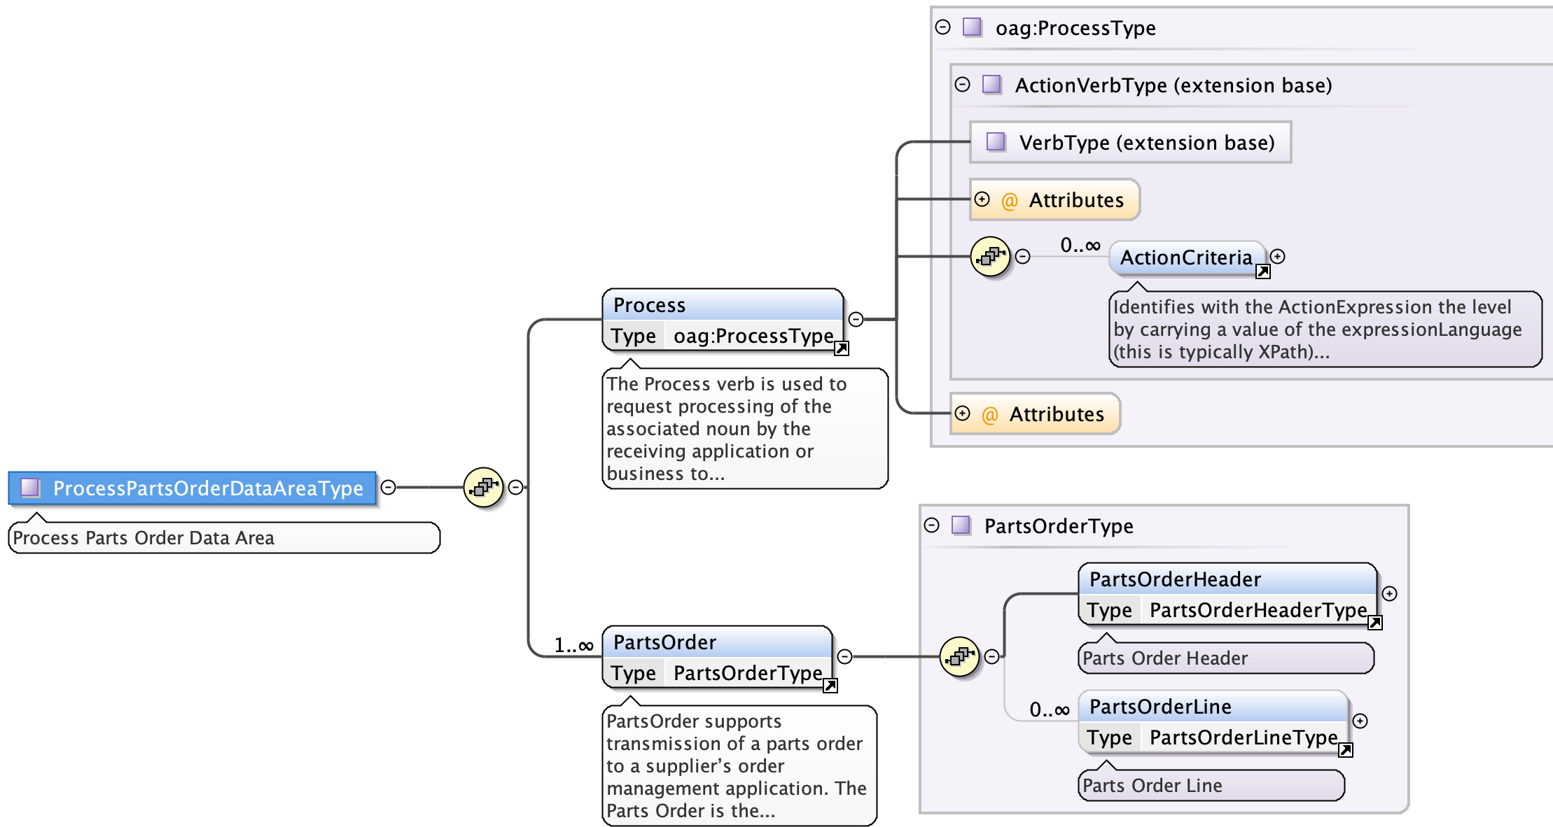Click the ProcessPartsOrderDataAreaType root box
click(193, 488)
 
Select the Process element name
click(649, 305)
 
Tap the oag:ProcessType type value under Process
click(753, 337)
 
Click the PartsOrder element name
click(664, 642)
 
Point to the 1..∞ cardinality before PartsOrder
click(573, 645)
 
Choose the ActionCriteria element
click(1186, 257)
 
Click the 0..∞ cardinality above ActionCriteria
click(1080, 245)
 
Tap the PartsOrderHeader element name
click(1175, 579)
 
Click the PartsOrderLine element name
click(1160, 707)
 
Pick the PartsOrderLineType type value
click(1243, 737)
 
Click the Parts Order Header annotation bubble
click(1225, 658)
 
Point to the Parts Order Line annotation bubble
click(1211, 786)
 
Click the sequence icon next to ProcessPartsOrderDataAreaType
click(483, 487)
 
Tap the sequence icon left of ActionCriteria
click(990, 257)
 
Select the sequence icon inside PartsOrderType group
click(959, 656)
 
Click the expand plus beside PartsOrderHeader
click(1390, 594)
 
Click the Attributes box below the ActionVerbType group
click(1035, 414)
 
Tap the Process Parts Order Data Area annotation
click(224, 538)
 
